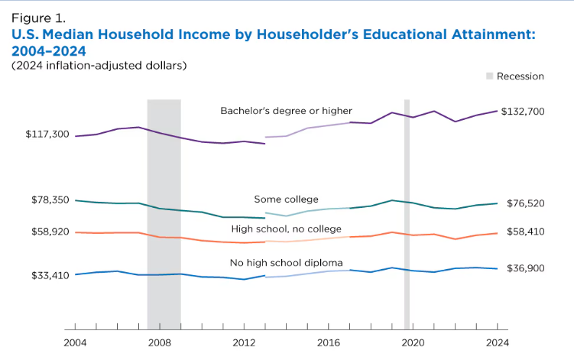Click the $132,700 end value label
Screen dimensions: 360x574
tap(523, 112)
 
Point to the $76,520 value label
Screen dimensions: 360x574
tap(523, 203)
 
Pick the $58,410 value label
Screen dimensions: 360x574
tap(523, 231)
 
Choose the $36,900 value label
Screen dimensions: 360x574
tap(523, 268)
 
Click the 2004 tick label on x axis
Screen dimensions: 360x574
tap(75, 344)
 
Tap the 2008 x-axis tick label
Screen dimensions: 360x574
tap(159, 344)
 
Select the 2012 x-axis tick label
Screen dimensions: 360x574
tap(244, 344)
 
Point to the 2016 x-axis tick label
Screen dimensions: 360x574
tap(328, 344)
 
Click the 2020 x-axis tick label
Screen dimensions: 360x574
tap(413, 344)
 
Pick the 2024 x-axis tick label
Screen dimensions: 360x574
tap(497, 344)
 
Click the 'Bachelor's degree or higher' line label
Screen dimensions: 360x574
tap(286, 111)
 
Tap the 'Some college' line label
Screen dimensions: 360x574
tap(286, 199)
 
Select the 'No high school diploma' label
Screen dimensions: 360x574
tap(286, 263)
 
